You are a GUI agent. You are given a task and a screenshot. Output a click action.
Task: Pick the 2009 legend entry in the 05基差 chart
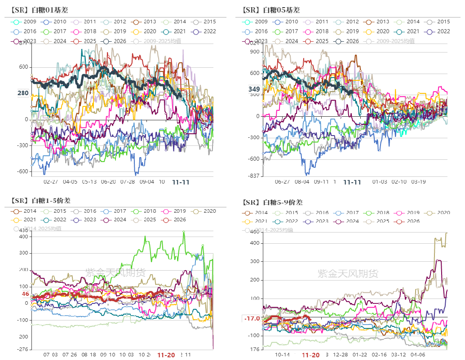(x=256, y=22)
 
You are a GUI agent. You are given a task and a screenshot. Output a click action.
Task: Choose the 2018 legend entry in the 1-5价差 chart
(x=144, y=211)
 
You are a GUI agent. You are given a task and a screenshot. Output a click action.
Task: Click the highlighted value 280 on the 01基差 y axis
(x=23, y=93)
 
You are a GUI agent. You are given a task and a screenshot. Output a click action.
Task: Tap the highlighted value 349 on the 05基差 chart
(x=254, y=89)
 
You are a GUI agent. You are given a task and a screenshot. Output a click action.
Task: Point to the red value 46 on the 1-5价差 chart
(x=25, y=294)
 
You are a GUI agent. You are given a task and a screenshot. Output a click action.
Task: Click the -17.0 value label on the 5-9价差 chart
(x=252, y=318)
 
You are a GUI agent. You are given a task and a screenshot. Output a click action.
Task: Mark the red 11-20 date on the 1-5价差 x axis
(x=166, y=355)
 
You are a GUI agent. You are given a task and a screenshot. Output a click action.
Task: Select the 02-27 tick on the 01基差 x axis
(x=51, y=182)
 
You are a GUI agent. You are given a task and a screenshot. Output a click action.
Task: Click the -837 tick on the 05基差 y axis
(x=254, y=176)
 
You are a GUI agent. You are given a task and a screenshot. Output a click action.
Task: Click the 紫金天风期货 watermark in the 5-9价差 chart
(x=348, y=273)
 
